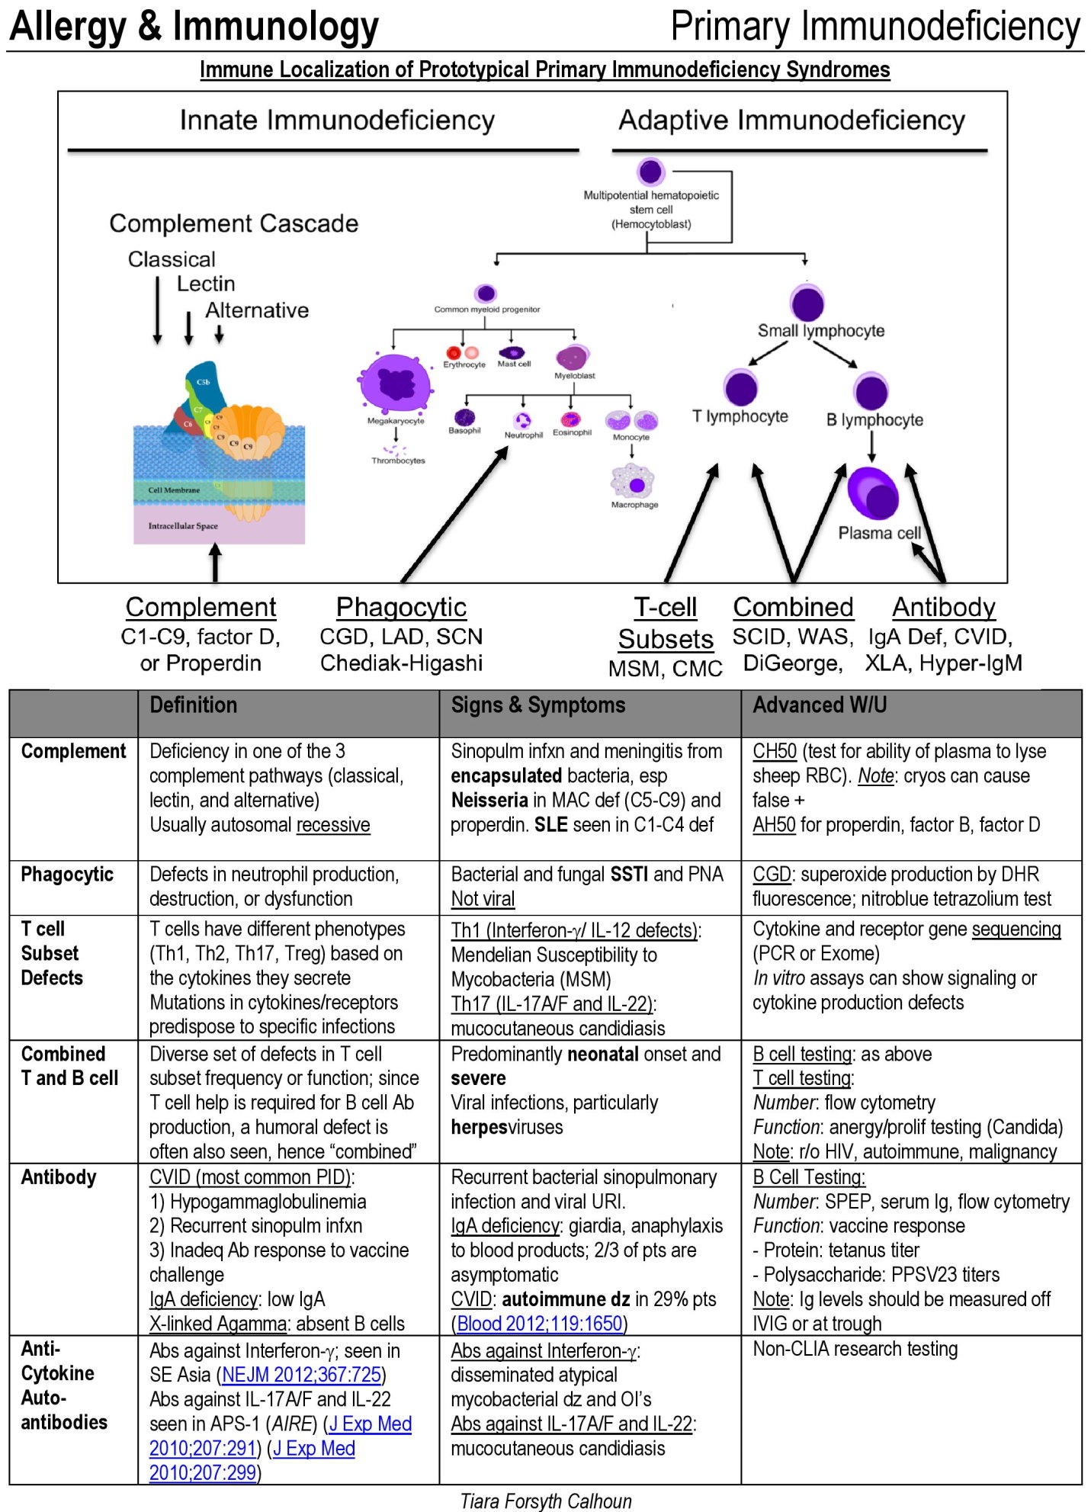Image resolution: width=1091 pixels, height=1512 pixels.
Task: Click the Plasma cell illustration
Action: (873, 493)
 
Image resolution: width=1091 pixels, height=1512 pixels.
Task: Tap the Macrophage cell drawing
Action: (633, 481)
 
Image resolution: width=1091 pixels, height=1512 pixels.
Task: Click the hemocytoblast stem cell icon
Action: (650, 172)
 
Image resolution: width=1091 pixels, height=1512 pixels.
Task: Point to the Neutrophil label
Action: (523, 435)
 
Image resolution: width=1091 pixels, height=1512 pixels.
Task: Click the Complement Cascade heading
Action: (233, 223)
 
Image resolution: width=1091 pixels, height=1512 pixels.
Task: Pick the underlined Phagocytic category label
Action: (401, 607)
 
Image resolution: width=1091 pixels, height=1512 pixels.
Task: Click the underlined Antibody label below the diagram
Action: (944, 607)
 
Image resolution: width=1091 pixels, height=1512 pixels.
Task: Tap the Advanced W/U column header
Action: (820, 705)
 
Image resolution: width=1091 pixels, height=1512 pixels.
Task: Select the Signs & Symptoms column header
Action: (538, 705)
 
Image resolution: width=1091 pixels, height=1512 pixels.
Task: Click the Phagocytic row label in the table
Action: (67, 875)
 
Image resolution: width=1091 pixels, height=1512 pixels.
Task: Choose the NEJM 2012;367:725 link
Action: (301, 1375)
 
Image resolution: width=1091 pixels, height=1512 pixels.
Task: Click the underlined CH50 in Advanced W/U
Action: (775, 751)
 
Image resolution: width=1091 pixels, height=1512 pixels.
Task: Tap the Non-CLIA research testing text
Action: (855, 1349)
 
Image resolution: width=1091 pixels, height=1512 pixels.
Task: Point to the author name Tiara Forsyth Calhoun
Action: (546, 1501)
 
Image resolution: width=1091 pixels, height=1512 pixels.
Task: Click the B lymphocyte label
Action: (874, 419)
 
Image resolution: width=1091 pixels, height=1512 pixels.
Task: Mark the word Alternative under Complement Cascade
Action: (257, 310)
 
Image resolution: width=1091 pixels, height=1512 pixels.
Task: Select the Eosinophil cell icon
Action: (571, 418)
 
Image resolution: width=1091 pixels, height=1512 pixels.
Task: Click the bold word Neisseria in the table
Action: (489, 800)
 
